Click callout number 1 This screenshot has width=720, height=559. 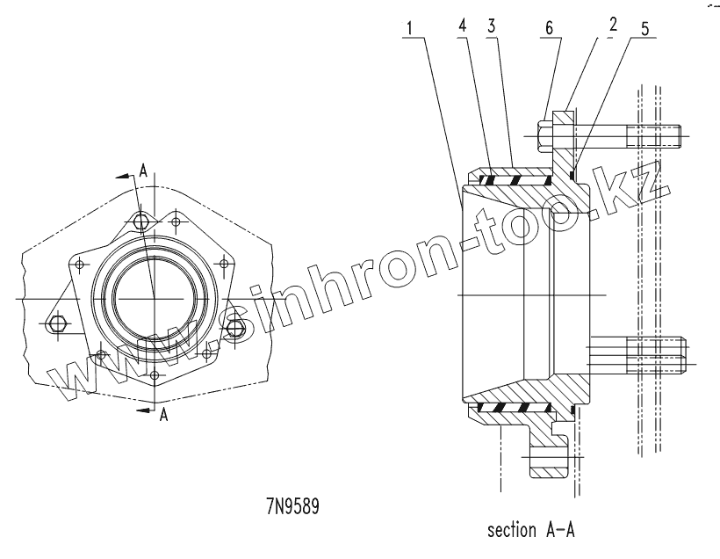[408, 28]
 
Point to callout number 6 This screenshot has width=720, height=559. [550, 27]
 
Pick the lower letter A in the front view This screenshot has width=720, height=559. [163, 417]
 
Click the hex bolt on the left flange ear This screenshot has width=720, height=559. [58, 323]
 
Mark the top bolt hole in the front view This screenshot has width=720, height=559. [140, 220]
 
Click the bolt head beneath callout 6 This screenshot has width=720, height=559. [545, 136]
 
